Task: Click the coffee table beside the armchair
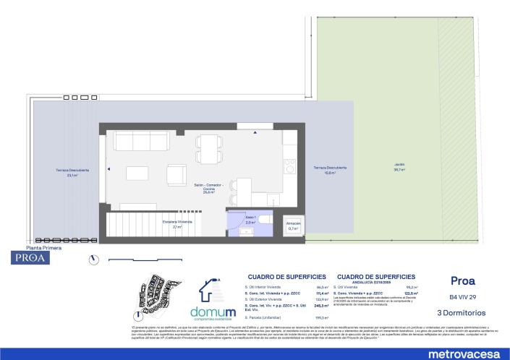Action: coord(137,173)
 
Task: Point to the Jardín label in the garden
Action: coord(399,168)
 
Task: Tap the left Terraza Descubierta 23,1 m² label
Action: coord(72,172)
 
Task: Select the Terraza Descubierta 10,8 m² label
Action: coord(330,170)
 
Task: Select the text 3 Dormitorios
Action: coord(462,312)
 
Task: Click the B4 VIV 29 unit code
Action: coord(462,297)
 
